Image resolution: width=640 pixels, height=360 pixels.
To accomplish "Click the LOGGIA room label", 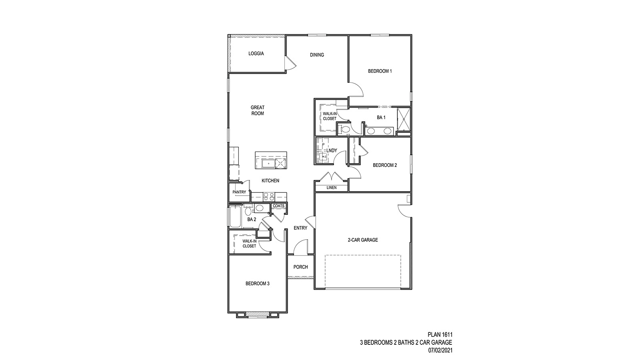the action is point(256,54).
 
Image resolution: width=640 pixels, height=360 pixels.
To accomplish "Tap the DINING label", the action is point(317,55).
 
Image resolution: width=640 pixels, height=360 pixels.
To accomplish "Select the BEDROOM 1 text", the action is point(380,71).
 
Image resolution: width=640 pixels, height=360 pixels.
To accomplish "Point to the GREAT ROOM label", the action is point(258,110).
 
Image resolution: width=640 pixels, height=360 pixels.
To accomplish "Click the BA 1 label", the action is point(381,118).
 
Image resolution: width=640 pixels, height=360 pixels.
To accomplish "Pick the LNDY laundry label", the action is point(332,150).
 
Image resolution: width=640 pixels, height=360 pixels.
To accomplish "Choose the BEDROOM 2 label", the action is point(385,165).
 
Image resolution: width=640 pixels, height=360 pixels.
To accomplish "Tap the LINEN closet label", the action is point(332,188).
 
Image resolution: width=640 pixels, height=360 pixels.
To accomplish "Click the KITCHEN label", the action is point(270,180).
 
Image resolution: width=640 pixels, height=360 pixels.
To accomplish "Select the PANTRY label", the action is point(239,192).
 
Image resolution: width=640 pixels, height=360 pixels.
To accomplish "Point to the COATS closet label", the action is point(278,206).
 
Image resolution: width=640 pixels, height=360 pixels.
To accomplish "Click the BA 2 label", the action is point(252,220).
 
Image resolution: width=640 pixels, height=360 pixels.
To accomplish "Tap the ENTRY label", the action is point(300,228).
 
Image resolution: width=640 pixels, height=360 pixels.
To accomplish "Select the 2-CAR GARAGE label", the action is point(363,240).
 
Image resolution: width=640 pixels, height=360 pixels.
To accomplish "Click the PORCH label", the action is point(301,267).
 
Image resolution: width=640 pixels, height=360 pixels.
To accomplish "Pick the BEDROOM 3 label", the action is point(258,284).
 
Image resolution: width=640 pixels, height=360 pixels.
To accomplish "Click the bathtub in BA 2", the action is point(235,217).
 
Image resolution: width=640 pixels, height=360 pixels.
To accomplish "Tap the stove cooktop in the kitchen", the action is point(269,196).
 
